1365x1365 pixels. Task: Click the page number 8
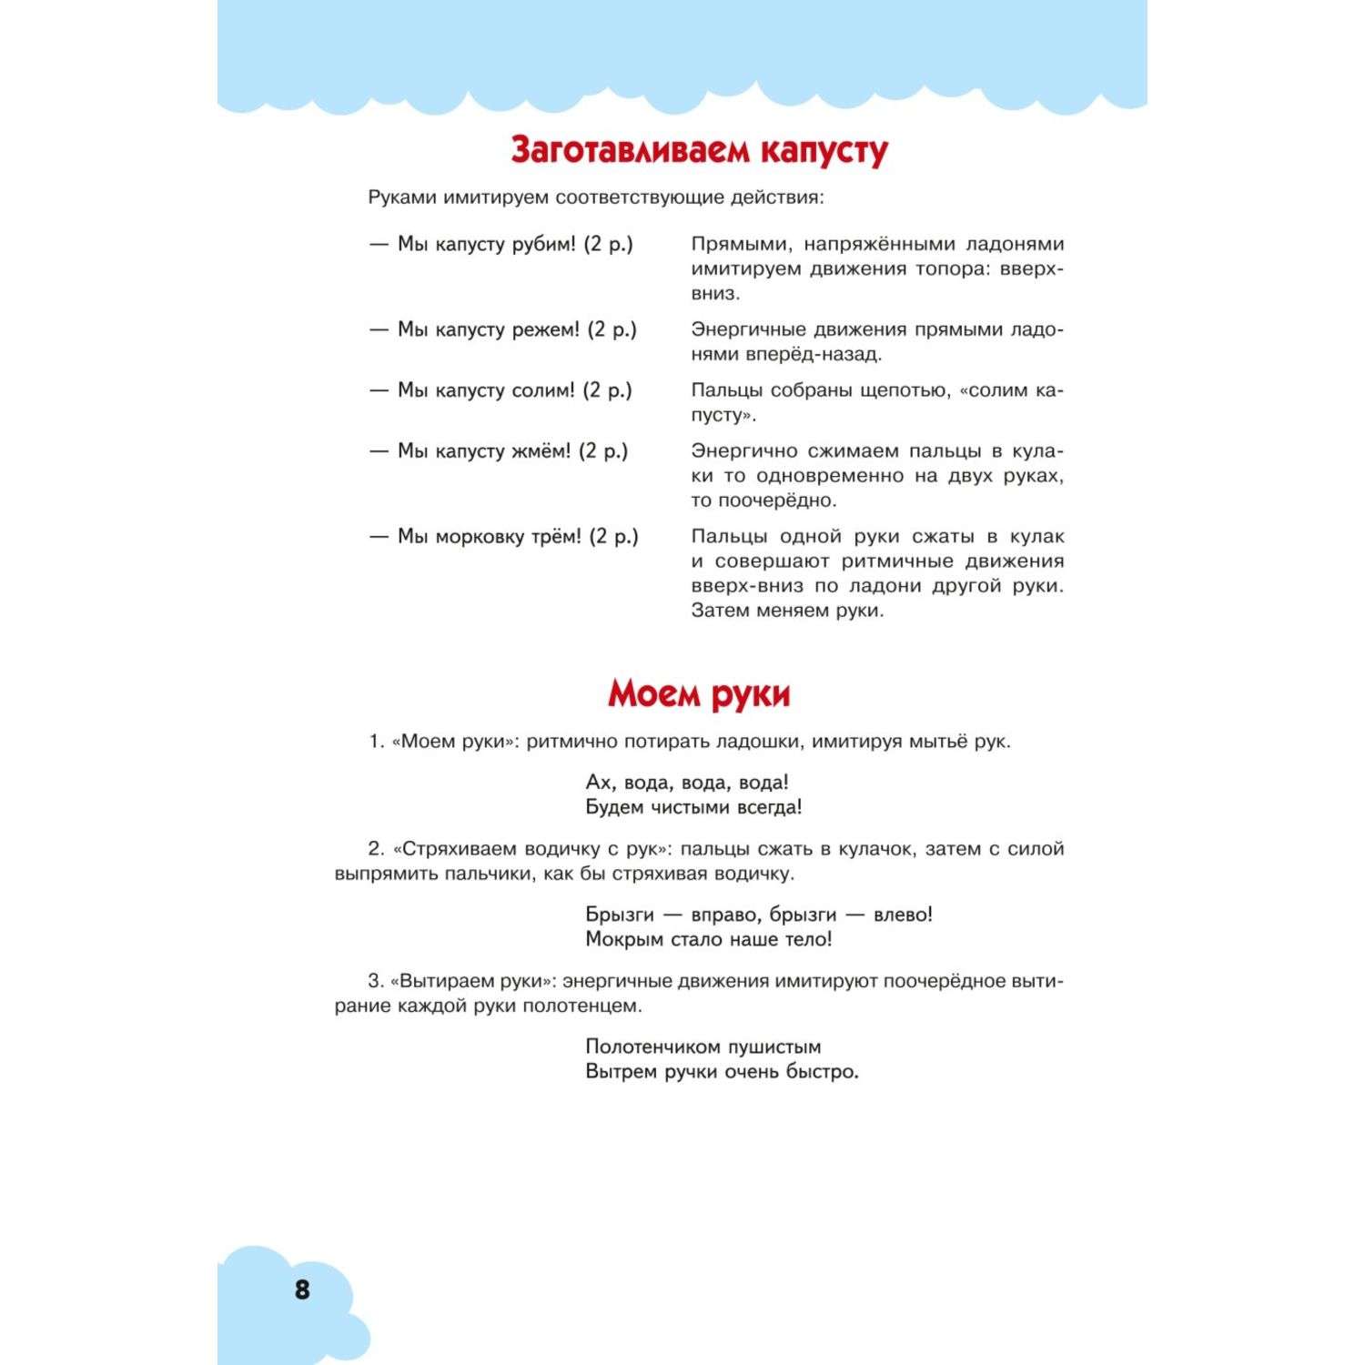click(302, 1289)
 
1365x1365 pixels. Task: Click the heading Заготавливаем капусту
click(699, 151)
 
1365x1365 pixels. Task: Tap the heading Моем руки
click(699, 694)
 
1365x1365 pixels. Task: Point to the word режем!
click(545, 329)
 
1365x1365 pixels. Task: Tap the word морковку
click(480, 537)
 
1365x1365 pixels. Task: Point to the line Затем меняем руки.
click(787, 611)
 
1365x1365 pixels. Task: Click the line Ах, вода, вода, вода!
click(687, 783)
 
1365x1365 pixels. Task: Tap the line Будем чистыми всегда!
click(693, 807)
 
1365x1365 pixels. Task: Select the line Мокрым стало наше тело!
click(708, 939)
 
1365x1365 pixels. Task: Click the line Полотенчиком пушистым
click(703, 1047)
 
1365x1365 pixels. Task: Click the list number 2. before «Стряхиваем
click(376, 849)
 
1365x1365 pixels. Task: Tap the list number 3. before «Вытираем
click(376, 982)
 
